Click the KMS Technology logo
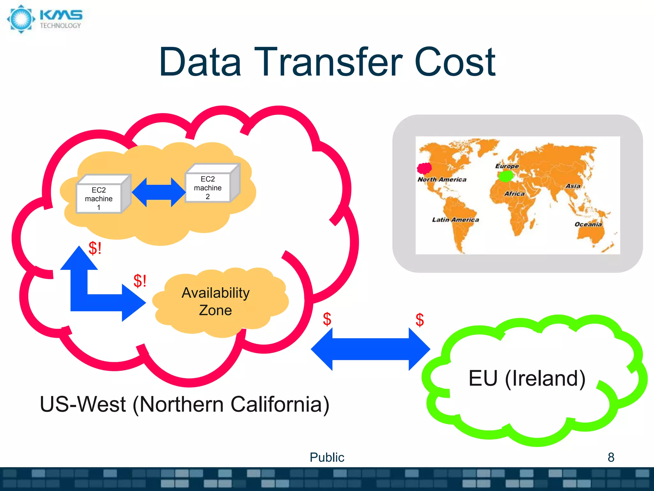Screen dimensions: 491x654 coord(45,19)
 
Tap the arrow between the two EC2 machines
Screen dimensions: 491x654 coord(158,192)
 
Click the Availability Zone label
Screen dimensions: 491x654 coord(216,301)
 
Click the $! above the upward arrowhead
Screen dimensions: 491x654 coord(95,248)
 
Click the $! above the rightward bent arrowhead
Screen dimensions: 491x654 coord(140,281)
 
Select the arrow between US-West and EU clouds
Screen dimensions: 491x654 coord(370,349)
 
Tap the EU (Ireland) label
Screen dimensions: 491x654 coord(527,378)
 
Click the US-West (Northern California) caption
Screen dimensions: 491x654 coord(184,404)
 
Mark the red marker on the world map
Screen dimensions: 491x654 coord(424,168)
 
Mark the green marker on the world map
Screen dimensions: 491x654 coord(506,175)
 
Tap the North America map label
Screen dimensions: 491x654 coord(442,180)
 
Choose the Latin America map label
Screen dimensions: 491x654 coord(455,220)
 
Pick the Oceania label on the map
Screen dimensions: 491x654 coord(588,224)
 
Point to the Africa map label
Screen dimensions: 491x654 coord(514,194)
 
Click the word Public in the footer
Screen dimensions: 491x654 coord(327,457)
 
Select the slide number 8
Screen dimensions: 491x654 coord(611,457)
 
